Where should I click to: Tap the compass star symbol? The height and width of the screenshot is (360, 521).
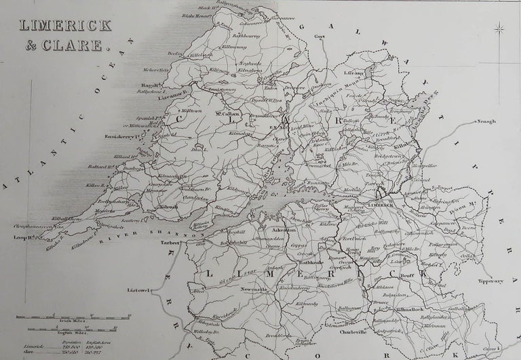tap(499, 29)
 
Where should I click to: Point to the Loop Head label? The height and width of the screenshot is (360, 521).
tap(24, 238)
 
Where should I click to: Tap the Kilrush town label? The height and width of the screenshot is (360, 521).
tap(168, 205)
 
